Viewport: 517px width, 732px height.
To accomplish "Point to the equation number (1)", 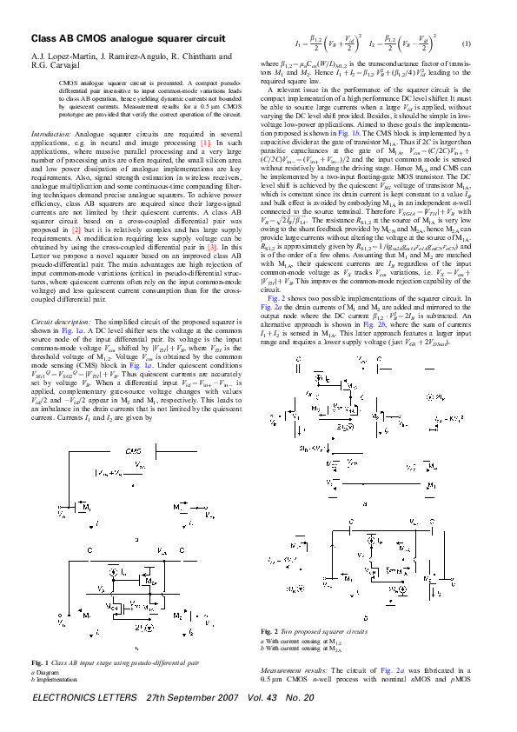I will (x=466, y=43).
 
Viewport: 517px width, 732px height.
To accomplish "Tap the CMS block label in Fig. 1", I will (x=134, y=452).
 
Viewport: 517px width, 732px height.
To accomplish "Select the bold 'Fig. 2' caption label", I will (x=269, y=630).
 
